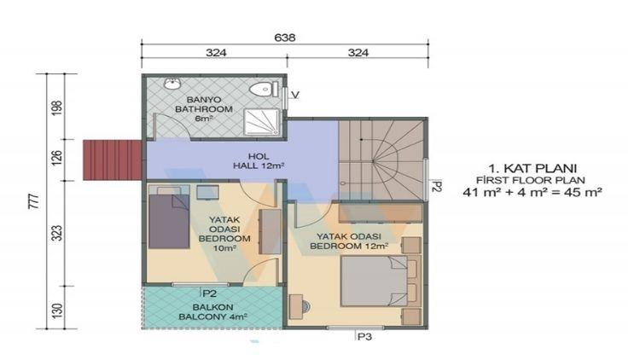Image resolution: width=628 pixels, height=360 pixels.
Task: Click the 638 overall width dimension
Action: (285, 38)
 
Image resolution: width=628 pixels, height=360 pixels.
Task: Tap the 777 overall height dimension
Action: (34, 201)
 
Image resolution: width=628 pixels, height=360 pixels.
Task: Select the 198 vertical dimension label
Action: (57, 107)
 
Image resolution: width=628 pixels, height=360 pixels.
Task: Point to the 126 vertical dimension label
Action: (57, 159)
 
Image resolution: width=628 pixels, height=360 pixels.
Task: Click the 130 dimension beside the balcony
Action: (57, 311)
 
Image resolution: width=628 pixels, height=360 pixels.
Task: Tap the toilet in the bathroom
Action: (264, 89)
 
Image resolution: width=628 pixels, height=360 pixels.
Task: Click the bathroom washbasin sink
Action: (172, 84)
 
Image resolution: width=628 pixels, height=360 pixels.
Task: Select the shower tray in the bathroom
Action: (262, 122)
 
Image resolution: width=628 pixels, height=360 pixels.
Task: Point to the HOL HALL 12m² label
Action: (259, 161)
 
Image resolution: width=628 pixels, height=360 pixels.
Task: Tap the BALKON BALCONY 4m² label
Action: (212, 312)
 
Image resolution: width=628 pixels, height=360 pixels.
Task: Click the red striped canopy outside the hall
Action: (113, 160)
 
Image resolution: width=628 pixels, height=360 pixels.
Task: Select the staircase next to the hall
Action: (381, 160)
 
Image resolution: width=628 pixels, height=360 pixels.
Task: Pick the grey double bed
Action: (374, 282)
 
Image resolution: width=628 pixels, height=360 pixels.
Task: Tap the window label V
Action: (295, 95)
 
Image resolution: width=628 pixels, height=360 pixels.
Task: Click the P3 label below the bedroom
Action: (364, 337)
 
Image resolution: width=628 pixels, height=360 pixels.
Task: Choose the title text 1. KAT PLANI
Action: (532, 167)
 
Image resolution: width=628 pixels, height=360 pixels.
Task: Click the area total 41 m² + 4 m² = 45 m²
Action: (532, 192)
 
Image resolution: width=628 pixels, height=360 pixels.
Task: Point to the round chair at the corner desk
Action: (305, 306)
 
